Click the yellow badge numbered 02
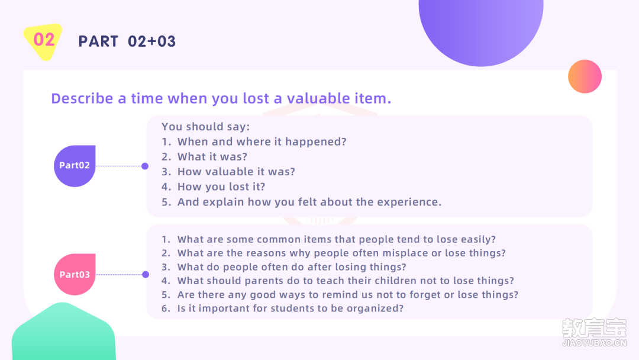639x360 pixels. [43, 41]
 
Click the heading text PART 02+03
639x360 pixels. [127, 41]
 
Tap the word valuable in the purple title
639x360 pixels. [318, 98]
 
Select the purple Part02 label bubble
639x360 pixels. [75, 166]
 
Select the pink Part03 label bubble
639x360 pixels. [75, 274]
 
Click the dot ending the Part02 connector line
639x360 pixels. [145, 166]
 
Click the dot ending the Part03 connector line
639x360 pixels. [146, 274]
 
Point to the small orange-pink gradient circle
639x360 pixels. [585, 76]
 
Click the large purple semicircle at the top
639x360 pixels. [481, 28]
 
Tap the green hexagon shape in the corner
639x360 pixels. [63, 332]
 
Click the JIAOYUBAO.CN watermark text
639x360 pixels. [594, 343]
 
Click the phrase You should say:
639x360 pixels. [206, 126]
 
